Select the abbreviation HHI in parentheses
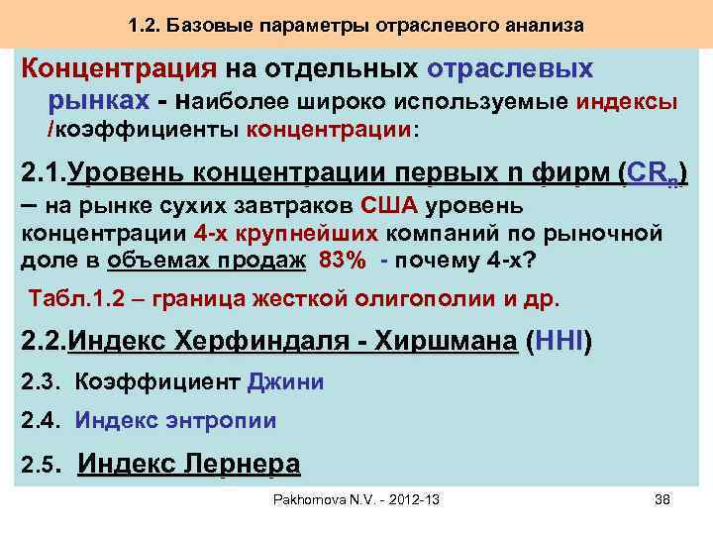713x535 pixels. pyautogui.click(x=559, y=343)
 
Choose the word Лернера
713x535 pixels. pyautogui.click(x=237, y=463)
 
